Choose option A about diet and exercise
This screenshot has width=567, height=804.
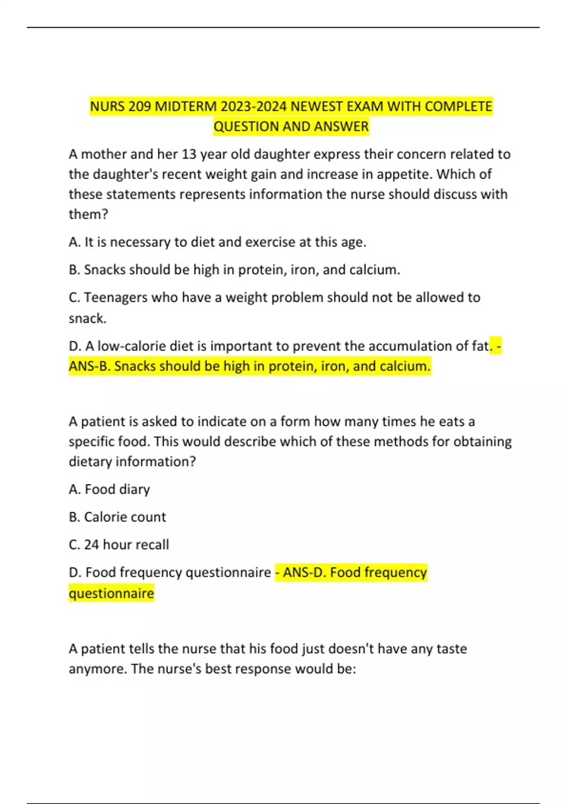click(x=217, y=242)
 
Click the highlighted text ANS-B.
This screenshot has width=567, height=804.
click(x=89, y=366)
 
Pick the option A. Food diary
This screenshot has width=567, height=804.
click(x=109, y=489)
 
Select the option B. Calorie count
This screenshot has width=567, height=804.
click(x=117, y=517)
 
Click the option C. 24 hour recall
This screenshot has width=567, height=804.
click(x=119, y=545)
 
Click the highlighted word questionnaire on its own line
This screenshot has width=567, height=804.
click(x=112, y=593)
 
